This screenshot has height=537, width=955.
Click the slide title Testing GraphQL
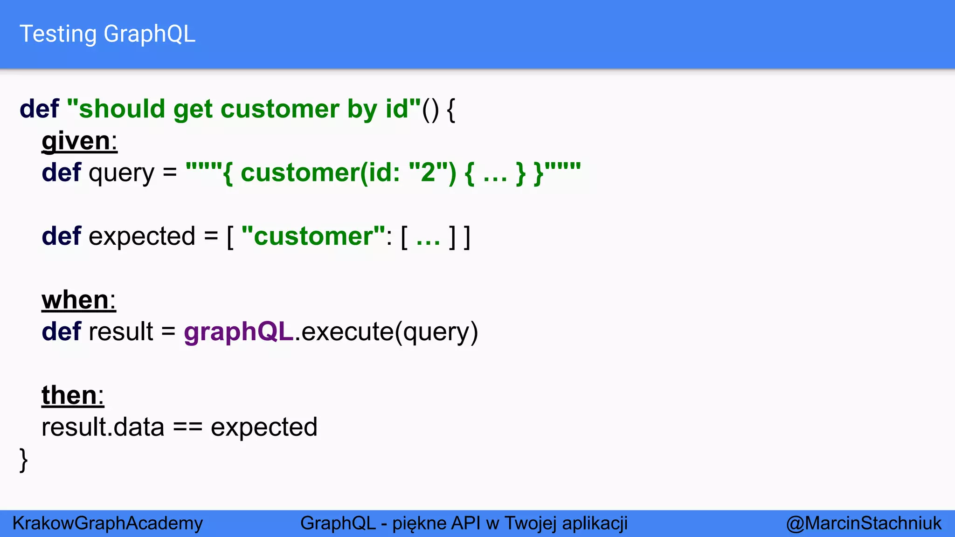(x=107, y=34)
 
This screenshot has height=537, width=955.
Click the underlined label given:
(x=79, y=141)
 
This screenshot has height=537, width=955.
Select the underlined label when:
(x=78, y=300)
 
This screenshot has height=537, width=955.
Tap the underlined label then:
(x=73, y=395)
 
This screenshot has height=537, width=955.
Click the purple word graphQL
(x=238, y=332)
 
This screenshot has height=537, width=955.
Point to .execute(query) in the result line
(x=387, y=332)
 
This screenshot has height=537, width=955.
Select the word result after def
(x=120, y=332)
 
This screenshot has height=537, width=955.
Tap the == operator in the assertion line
(x=187, y=427)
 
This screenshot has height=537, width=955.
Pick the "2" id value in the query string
(x=428, y=172)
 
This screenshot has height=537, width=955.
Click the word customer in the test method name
(x=280, y=109)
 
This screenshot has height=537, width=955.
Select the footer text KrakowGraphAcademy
(x=108, y=523)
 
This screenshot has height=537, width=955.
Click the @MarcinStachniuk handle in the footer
(x=864, y=523)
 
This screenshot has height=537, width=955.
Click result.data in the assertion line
(x=103, y=427)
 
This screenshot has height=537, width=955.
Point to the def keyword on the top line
(x=39, y=109)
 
